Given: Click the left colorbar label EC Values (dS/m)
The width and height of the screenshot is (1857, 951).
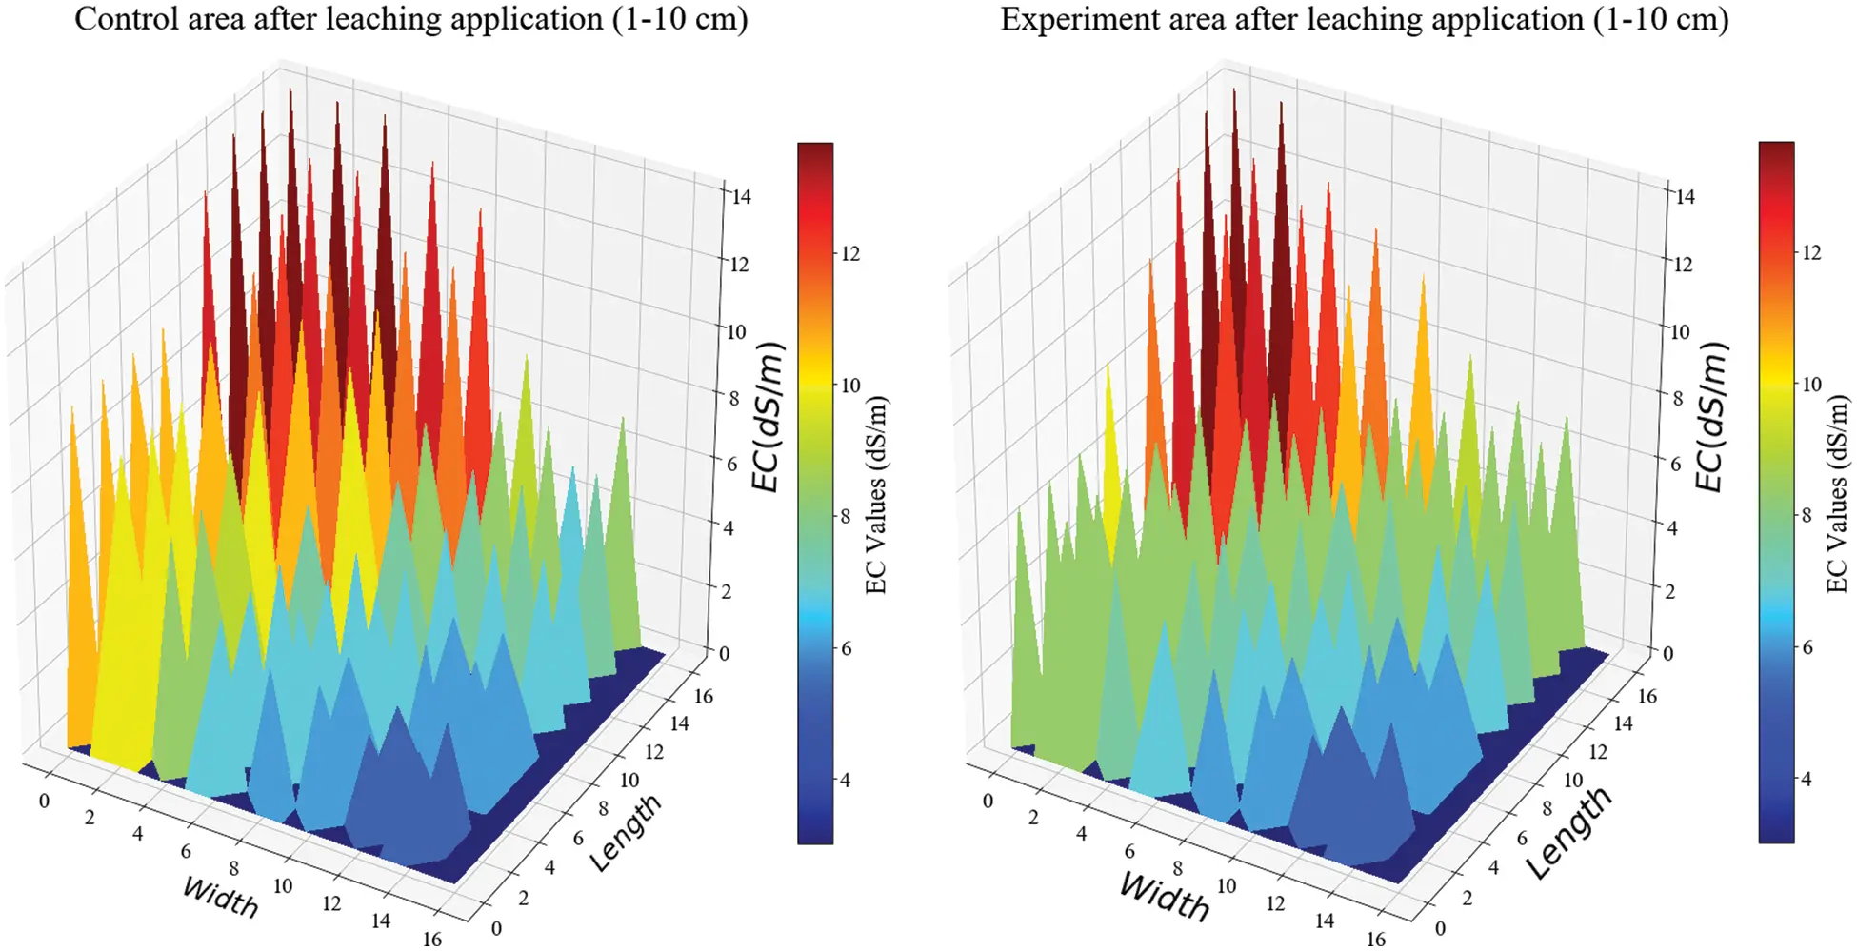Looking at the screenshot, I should point(876,495).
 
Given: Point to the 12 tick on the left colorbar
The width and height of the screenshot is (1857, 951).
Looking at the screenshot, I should point(849,253).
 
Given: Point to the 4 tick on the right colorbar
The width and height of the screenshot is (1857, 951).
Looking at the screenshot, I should point(1806,779).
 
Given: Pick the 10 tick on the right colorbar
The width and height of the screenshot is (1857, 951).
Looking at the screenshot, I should point(1810,385).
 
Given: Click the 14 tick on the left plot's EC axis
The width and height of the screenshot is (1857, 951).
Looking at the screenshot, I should point(740,197).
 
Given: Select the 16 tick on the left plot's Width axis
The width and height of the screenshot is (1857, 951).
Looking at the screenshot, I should point(431,939).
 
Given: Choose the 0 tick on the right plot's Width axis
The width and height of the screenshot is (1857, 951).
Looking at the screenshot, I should point(988,802).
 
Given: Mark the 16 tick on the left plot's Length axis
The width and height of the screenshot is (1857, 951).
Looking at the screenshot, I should point(703,696).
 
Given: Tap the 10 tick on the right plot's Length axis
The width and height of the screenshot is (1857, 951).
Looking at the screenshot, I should point(1572,781).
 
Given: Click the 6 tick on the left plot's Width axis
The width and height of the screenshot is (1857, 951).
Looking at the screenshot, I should point(186,851).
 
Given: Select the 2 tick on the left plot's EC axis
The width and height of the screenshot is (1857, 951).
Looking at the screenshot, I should point(727,591).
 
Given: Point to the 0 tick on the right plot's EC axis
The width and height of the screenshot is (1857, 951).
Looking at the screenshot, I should point(1667,654).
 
